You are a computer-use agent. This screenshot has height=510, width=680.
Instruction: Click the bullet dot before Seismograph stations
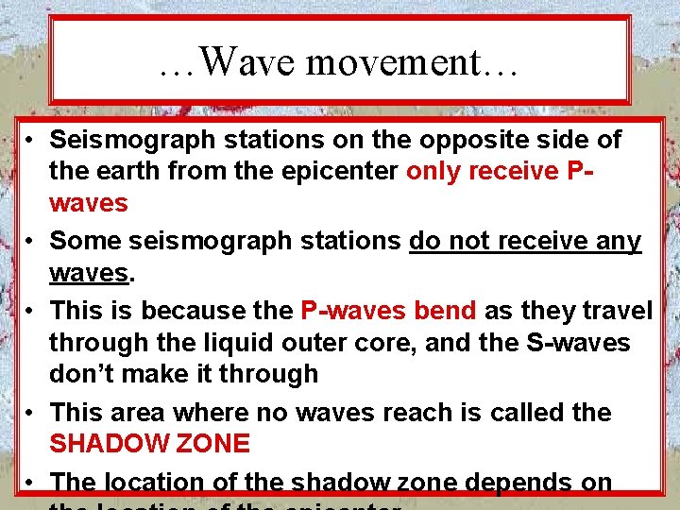(x=31, y=142)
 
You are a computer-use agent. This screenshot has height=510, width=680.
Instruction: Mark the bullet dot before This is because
(x=31, y=311)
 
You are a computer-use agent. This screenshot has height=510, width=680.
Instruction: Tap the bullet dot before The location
(x=31, y=482)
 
